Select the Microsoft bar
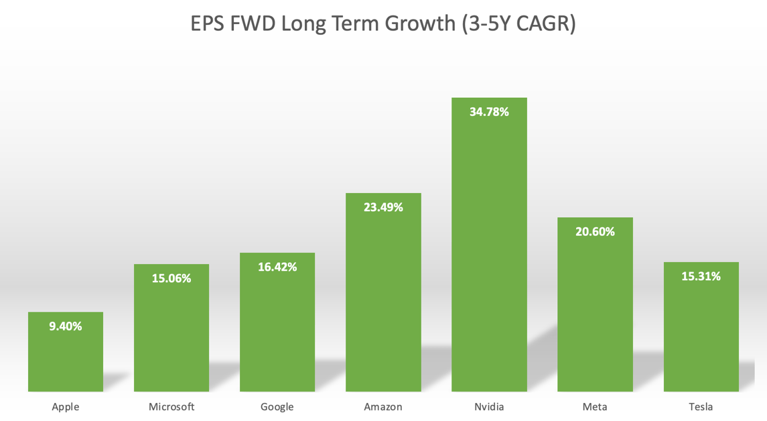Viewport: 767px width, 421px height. (171, 335)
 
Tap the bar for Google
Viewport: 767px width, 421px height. (277, 328)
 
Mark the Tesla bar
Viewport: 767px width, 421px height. (701, 335)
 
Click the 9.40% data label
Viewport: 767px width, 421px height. (66, 326)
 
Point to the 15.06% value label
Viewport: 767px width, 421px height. (171, 278)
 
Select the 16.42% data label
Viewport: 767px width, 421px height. (277, 267)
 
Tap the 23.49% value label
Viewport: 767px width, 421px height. (383, 207)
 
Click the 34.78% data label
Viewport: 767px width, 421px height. (489, 112)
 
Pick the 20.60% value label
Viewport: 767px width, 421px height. (595, 231)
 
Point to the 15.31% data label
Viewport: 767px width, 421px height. (701, 276)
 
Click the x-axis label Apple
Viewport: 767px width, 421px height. (66, 406)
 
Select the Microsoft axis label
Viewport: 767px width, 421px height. (171, 406)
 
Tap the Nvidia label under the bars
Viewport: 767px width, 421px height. (489, 406)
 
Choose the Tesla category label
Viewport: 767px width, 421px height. (701, 406)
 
